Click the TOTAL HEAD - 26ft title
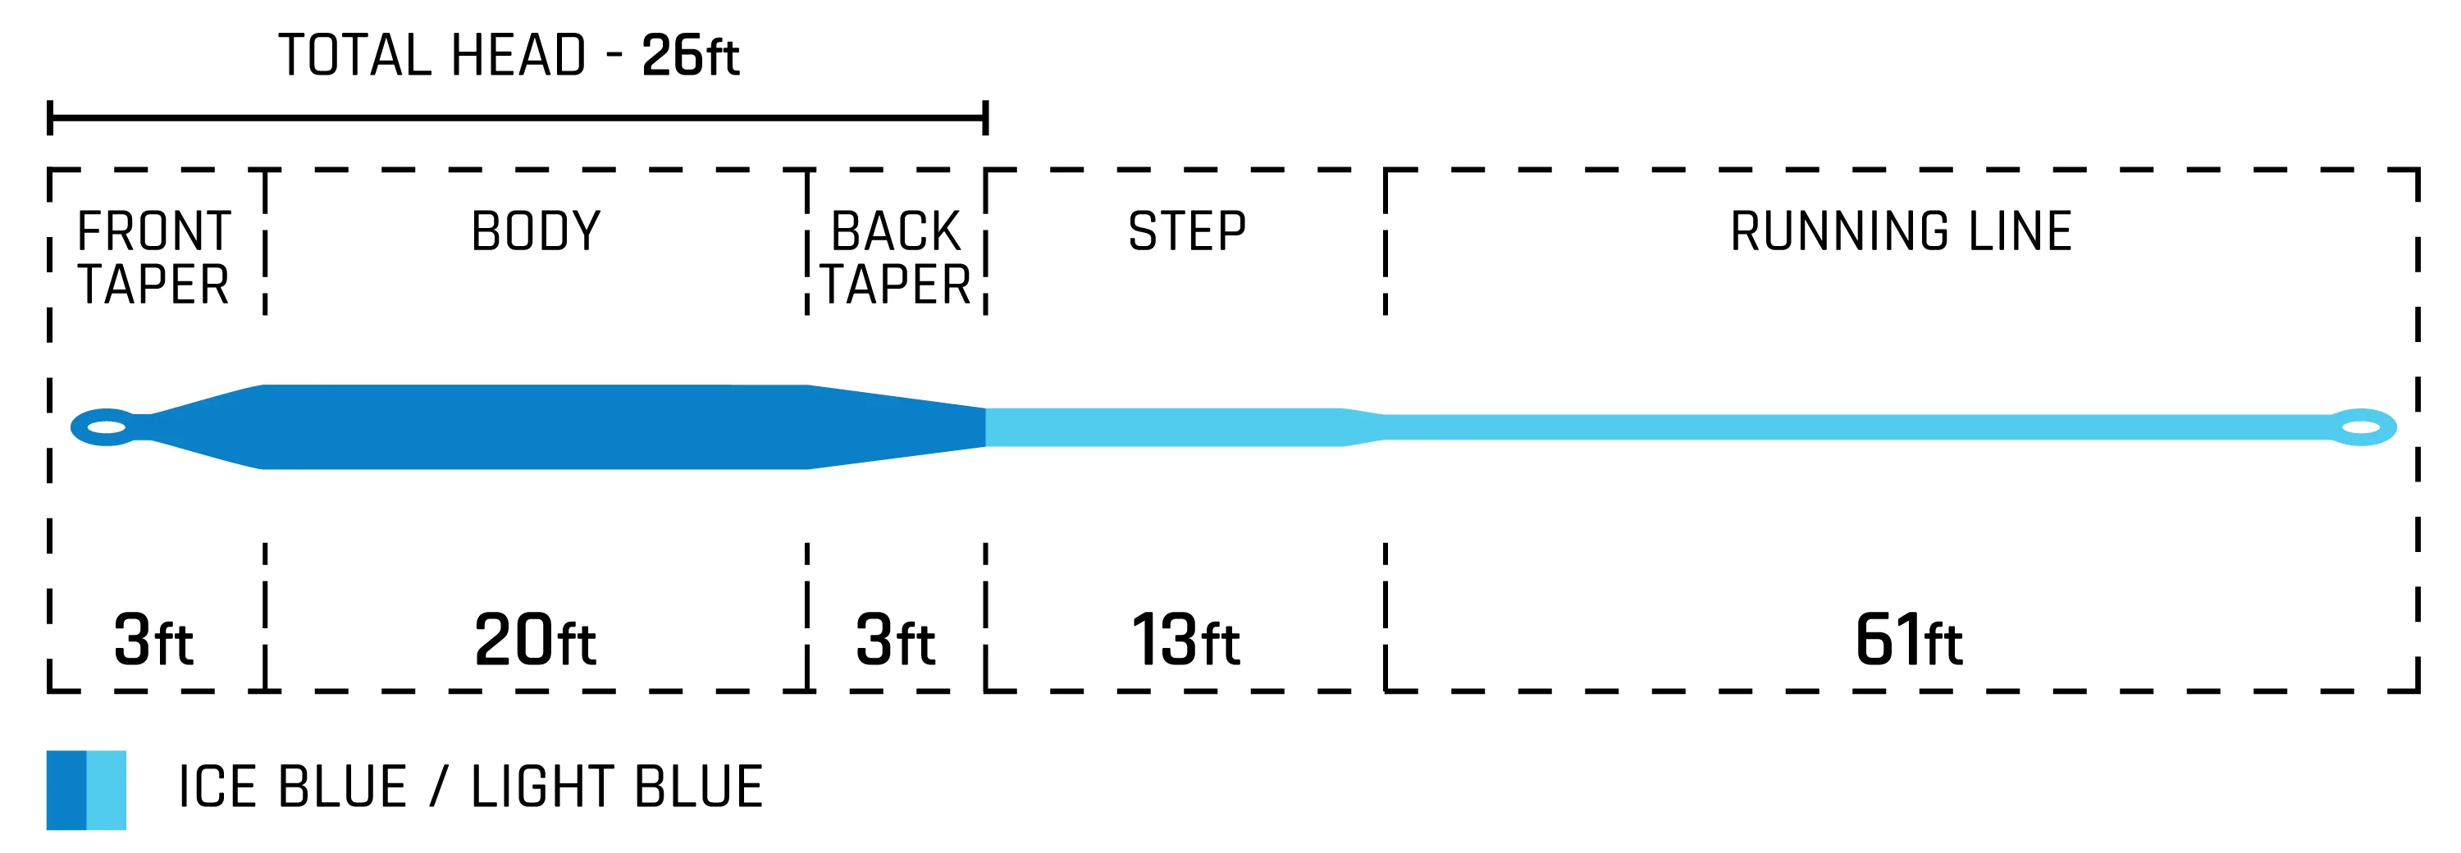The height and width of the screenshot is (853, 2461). pyautogui.click(x=509, y=56)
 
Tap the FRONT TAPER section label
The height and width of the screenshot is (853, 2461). pyautogui.click(x=154, y=258)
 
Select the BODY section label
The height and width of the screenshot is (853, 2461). pyautogui.click(x=536, y=232)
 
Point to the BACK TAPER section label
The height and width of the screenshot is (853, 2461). pyautogui.click(x=895, y=258)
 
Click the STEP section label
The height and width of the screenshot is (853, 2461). pyautogui.click(x=1186, y=232)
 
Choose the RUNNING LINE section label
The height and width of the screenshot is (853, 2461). pyautogui.click(x=1902, y=232)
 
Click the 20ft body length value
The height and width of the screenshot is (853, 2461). pyautogui.click(x=535, y=640)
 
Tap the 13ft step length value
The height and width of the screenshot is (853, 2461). pyautogui.click(x=1185, y=640)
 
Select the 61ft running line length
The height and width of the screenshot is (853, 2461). pyautogui.click(x=1908, y=640)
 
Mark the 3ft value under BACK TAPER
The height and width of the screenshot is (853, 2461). pyautogui.click(x=895, y=640)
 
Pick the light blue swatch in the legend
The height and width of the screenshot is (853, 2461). pyautogui.click(x=106, y=790)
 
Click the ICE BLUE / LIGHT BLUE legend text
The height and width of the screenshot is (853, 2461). pyautogui.click(x=471, y=787)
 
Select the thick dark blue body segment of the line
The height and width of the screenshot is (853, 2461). pyautogui.click(x=535, y=427)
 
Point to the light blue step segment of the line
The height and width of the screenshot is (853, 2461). pyautogui.click(x=1166, y=427)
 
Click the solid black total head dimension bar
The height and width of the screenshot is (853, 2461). pyautogui.click(x=516, y=118)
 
